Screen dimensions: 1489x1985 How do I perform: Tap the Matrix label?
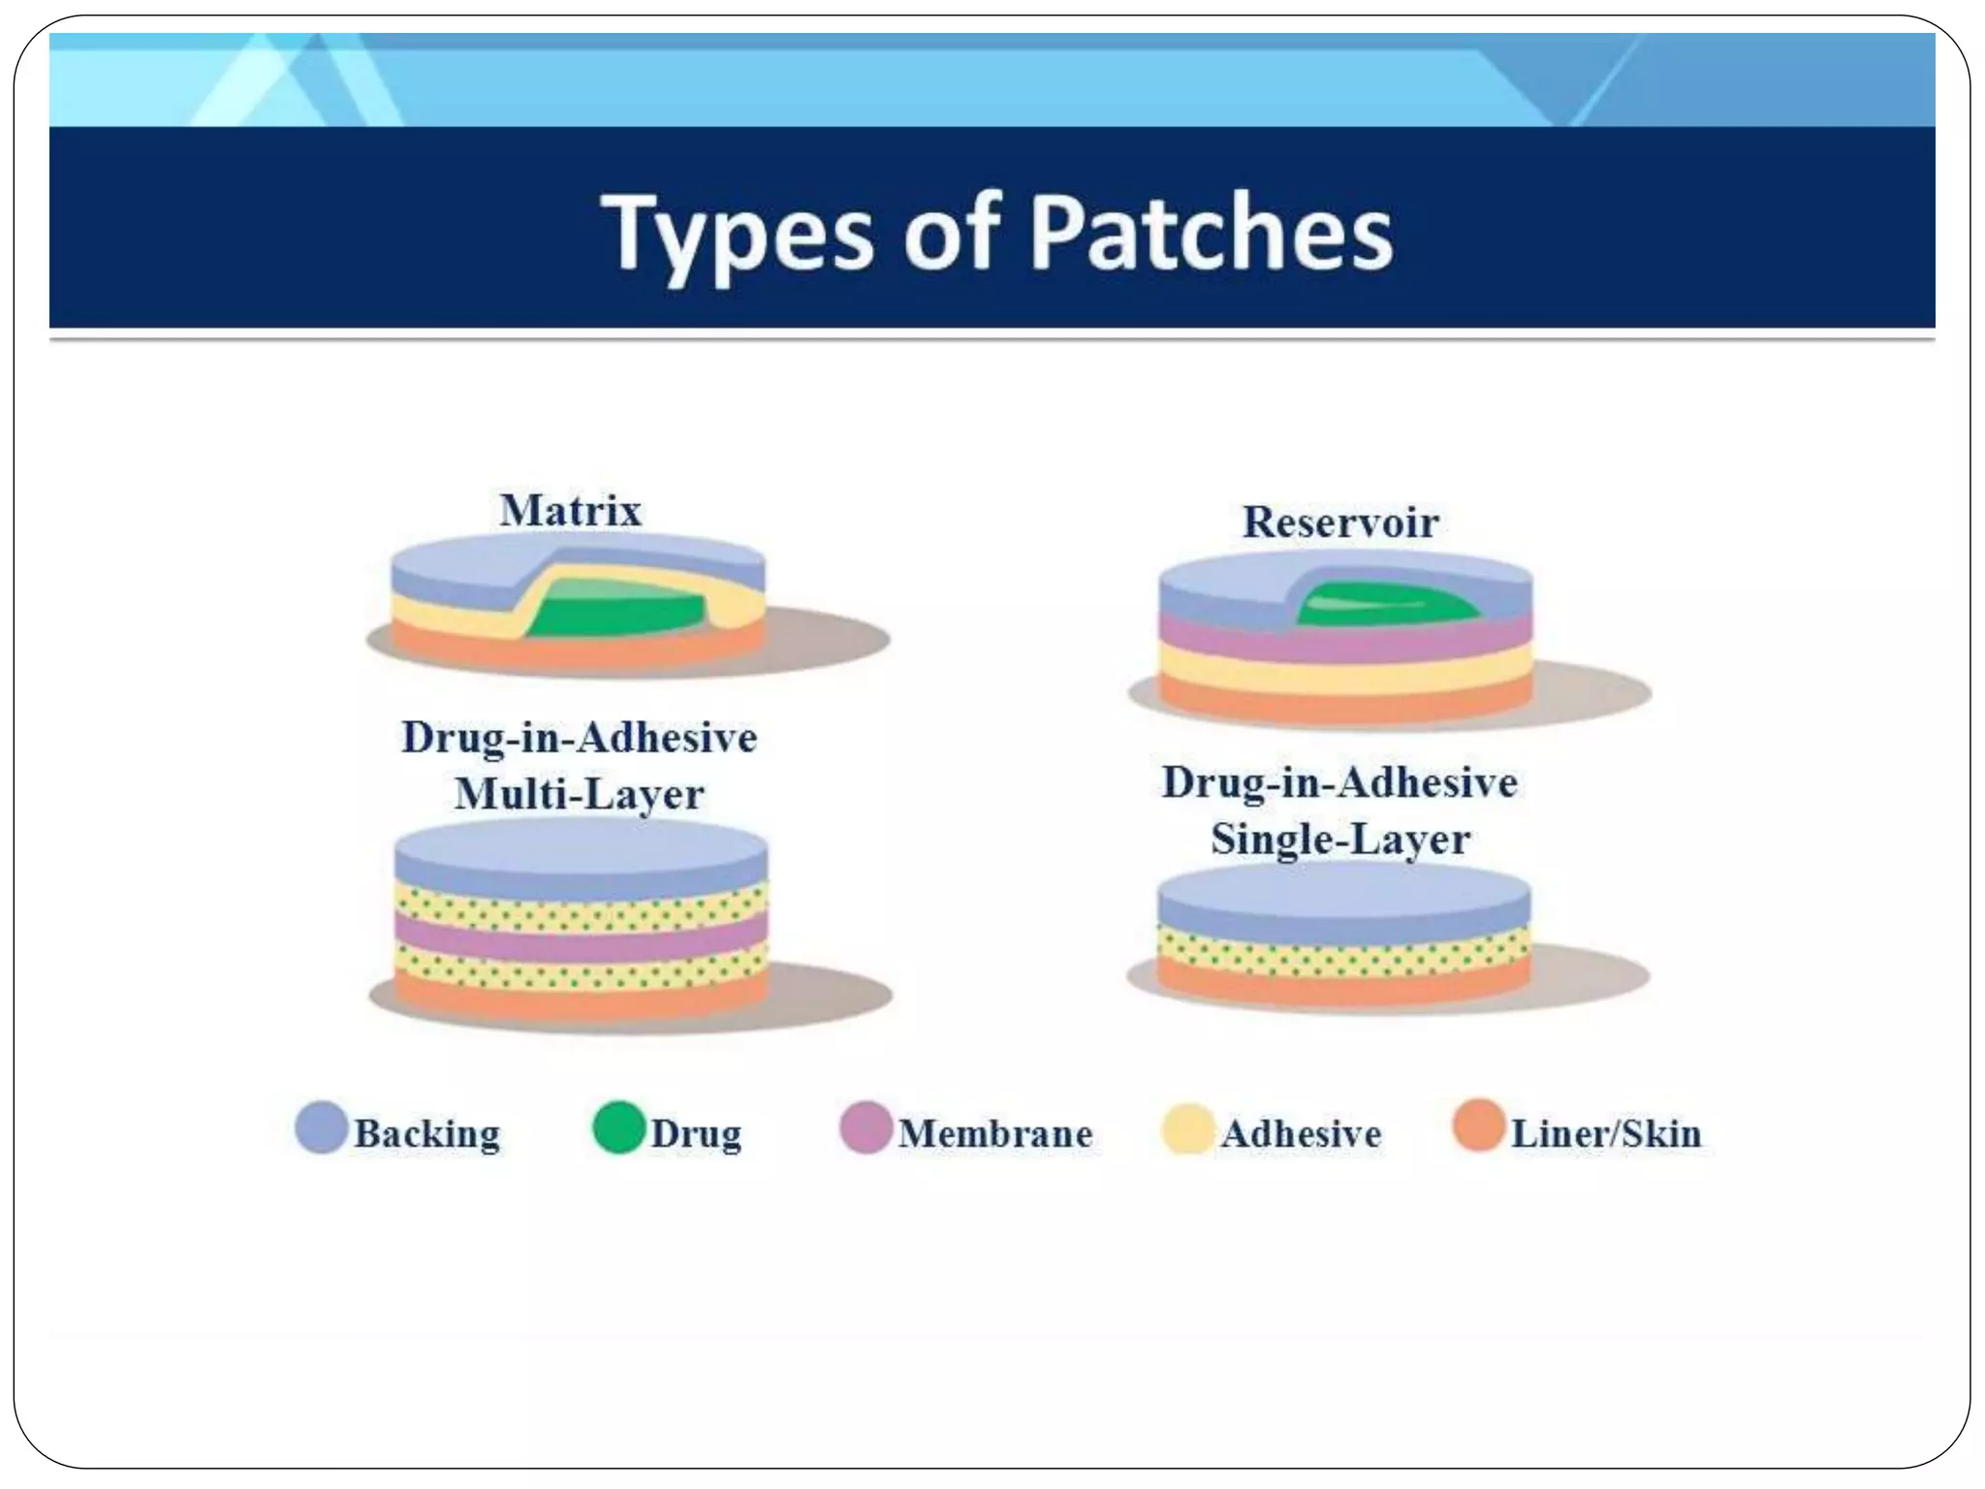tap(570, 511)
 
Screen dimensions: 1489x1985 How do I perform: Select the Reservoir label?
tap(1340, 523)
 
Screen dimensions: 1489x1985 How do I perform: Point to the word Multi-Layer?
tap(580, 795)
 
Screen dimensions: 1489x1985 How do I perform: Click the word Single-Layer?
tap(1340, 840)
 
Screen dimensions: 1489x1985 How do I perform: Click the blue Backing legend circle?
tap(321, 1127)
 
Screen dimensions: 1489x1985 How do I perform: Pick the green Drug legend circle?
tap(618, 1127)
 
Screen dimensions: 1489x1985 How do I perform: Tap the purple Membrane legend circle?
tap(865, 1127)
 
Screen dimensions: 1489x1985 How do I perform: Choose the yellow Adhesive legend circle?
tap(1187, 1128)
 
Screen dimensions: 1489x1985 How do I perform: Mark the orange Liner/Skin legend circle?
tap(1478, 1125)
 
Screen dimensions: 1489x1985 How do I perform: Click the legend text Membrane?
tap(995, 1133)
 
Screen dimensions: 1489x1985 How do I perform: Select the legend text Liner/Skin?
tap(1606, 1133)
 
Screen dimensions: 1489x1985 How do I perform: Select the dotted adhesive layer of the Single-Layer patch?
tap(1343, 954)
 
